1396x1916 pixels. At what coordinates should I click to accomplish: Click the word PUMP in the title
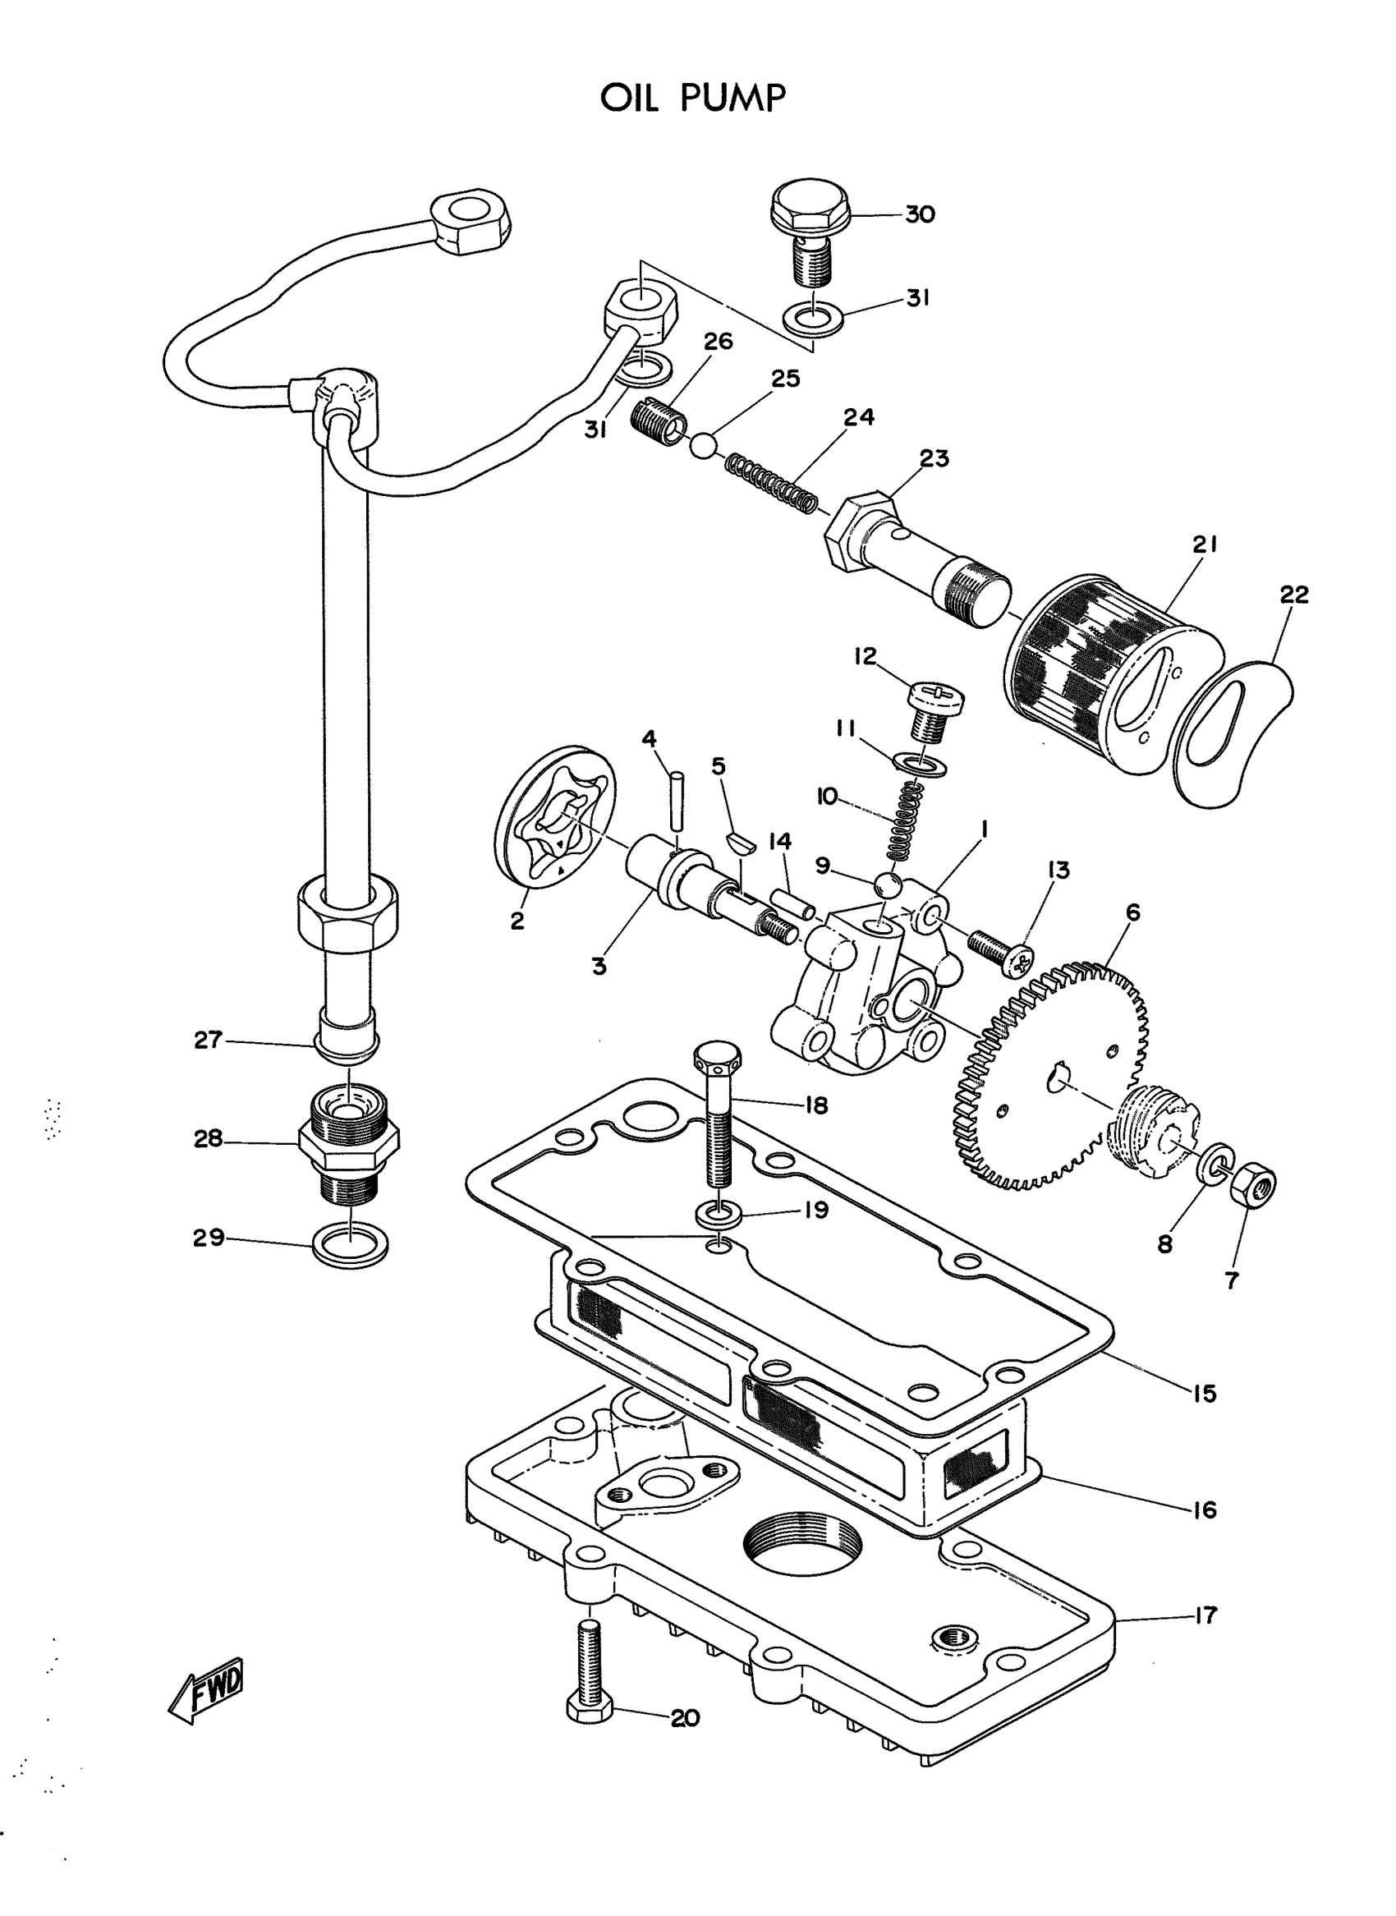pyautogui.click(x=732, y=99)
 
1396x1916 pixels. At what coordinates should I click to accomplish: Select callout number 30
pyautogui.click(x=920, y=214)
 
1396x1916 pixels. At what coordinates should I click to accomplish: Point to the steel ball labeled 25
pyautogui.click(x=703, y=444)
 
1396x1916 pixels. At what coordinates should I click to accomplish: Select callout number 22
pyautogui.click(x=1293, y=595)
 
